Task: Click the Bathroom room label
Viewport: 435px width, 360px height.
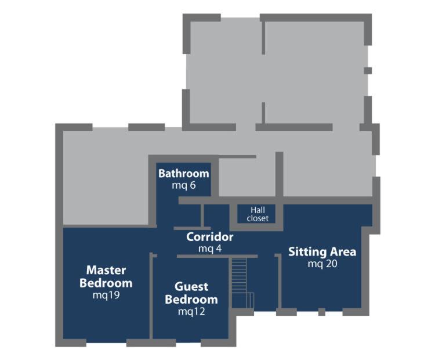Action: tap(184, 174)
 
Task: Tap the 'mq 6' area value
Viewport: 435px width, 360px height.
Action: tap(184, 185)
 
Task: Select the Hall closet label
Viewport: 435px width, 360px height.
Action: tap(258, 214)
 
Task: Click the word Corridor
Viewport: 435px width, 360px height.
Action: tap(210, 237)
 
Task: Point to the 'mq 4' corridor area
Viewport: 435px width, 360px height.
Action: tap(210, 249)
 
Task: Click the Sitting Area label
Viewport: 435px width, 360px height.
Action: tap(322, 252)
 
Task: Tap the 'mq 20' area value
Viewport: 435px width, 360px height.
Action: tap(322, 264)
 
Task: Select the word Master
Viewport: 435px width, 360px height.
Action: tap(106, 270)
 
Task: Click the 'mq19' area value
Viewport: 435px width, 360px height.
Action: tap(106, 295)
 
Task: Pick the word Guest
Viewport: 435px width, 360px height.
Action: tap(191, 287)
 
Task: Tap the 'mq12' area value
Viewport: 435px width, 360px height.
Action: tap(191, 311)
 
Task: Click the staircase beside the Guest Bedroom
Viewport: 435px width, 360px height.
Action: tap(239, 283)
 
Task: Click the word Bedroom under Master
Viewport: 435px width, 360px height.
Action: tap(106, 283)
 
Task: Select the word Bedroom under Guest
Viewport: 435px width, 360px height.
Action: tap(191, 300)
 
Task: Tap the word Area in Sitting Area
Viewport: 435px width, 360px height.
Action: tap(343, 252)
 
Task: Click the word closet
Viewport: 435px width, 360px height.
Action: tap(258, 218)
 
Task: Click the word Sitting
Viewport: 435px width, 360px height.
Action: tap(307, 252)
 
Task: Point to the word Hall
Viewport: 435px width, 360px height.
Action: tap(258, 210)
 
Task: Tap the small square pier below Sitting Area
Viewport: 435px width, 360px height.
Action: tap(322, 312)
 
